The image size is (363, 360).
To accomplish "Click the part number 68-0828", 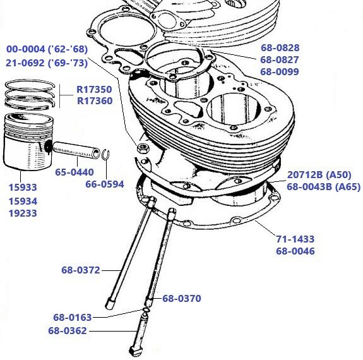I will click(280, 48).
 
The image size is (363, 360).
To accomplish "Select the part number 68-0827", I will click(280, 60).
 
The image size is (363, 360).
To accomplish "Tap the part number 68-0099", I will click(280, 72).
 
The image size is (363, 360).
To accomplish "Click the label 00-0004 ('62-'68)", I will click(47, 49).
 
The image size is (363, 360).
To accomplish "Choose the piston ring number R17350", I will click(95, 89).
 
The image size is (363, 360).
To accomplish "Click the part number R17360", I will click(95, 101).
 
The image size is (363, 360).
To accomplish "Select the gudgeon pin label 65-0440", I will click(74, 172).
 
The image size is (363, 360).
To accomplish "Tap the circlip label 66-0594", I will click(105, 184).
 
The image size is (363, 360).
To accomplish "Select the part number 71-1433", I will click(295, 239).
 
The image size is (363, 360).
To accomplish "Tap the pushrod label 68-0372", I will click(80, 270).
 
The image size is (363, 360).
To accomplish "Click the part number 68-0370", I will click(182, 299).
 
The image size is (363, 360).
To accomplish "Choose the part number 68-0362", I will click(67, 330).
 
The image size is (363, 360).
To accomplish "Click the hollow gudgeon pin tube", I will click(76, 151).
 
